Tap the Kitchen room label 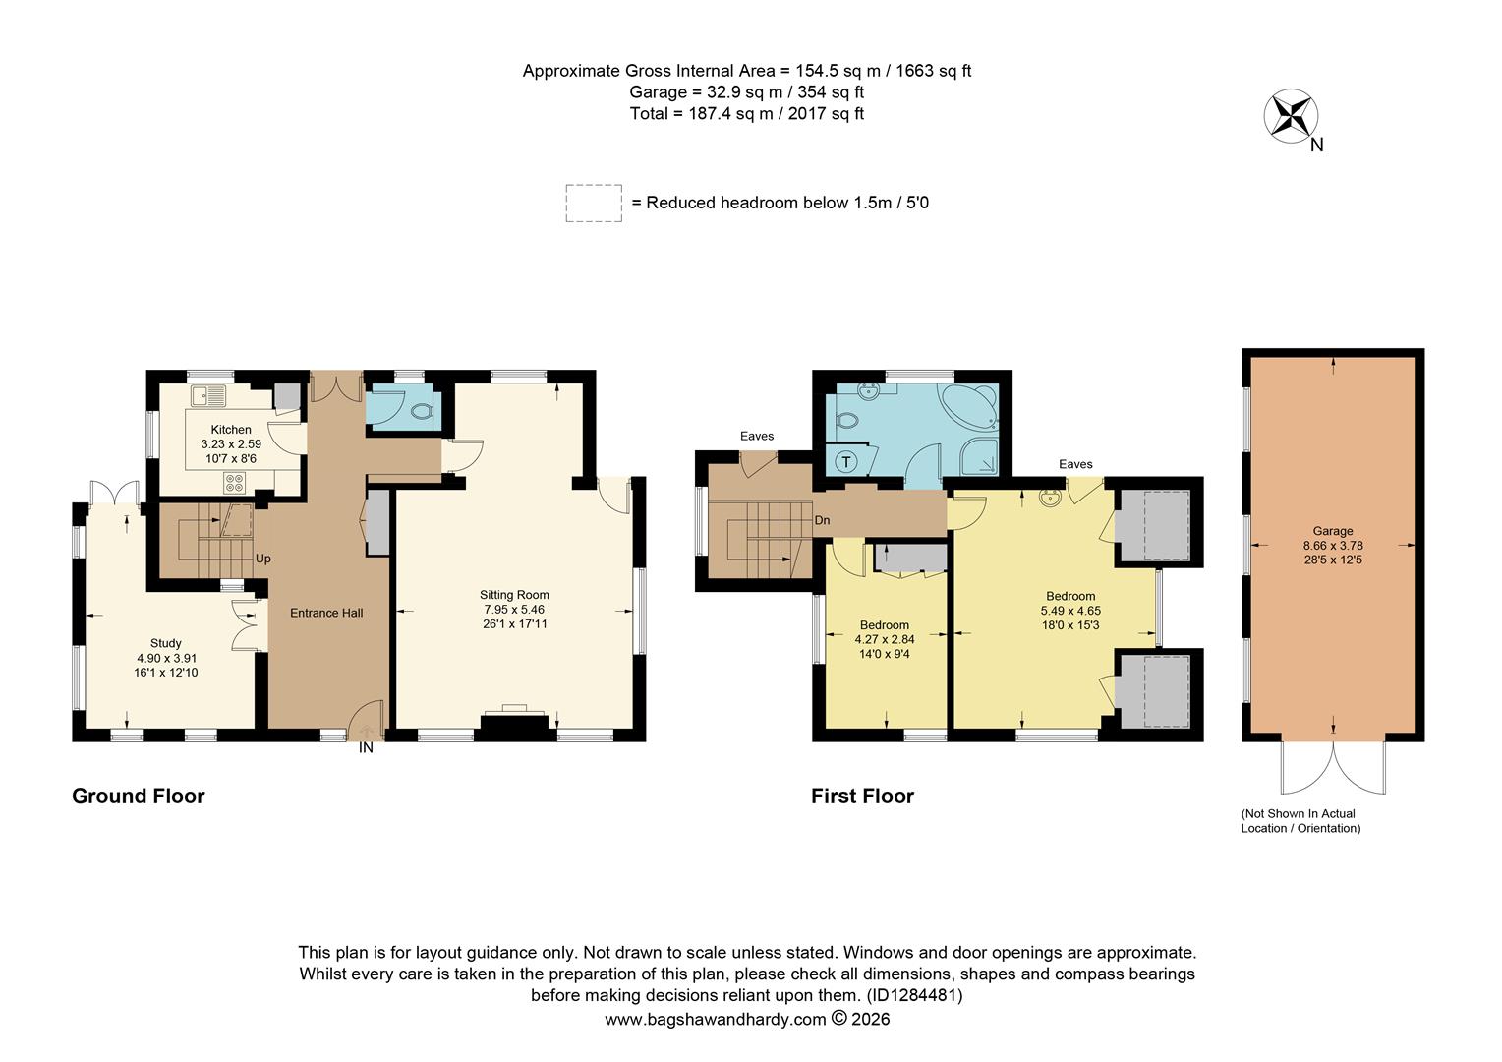[231, 430]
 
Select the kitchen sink [208, 395]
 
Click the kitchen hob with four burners [236, 482]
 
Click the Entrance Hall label [326, 613]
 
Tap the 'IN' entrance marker [366, 748]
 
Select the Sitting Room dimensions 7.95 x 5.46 [514, 610]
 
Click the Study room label [166, 643]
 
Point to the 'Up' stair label [263, 559]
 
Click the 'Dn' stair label [823, 520]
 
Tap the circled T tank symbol [845, 460]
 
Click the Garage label [1332, 531]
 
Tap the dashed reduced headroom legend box [594, 203]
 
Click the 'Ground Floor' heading [139, 796]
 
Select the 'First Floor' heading [862, 796]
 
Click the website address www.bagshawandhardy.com [715, 1020]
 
